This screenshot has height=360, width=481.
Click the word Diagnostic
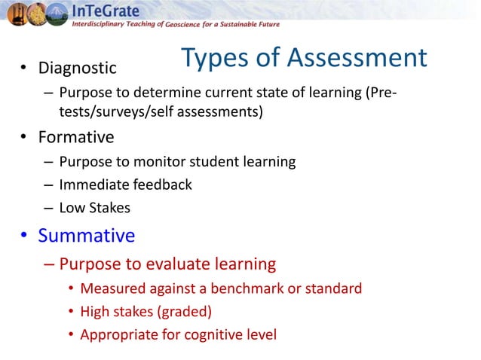pyautogui.click(x=77, y=69)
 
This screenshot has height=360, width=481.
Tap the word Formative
pyautogui.click(x=75, y=138)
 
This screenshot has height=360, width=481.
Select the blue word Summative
pyautogui.click(x=86, y=236)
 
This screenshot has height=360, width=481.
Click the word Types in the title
pyautogui.click(x=215, y=58)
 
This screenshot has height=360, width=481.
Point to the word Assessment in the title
pyautogui.click(x=350, y=58)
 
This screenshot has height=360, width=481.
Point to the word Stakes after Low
pyautogui.click(x=111, y=207)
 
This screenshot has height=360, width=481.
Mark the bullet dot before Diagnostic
pyautogui.click(x=24, y=69)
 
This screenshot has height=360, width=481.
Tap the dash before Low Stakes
pyautogui.click(x=47, y=207)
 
